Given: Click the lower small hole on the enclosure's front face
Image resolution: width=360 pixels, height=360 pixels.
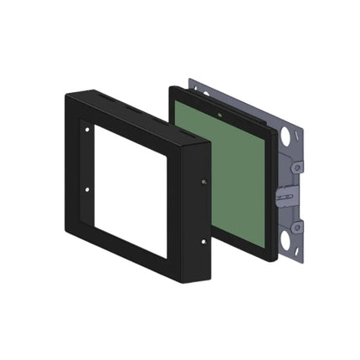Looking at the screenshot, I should pyautogui.click(x=86, y=189).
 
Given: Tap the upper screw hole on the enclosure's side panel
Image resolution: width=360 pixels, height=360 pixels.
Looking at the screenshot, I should pyautogui.click(x=204, y=181).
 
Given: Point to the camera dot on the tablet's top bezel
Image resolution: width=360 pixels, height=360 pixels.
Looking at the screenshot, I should pyautogui.click(x=220, y=112).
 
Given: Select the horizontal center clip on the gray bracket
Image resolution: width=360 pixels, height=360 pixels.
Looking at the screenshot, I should pyautogui.click(x=285, y=199).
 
